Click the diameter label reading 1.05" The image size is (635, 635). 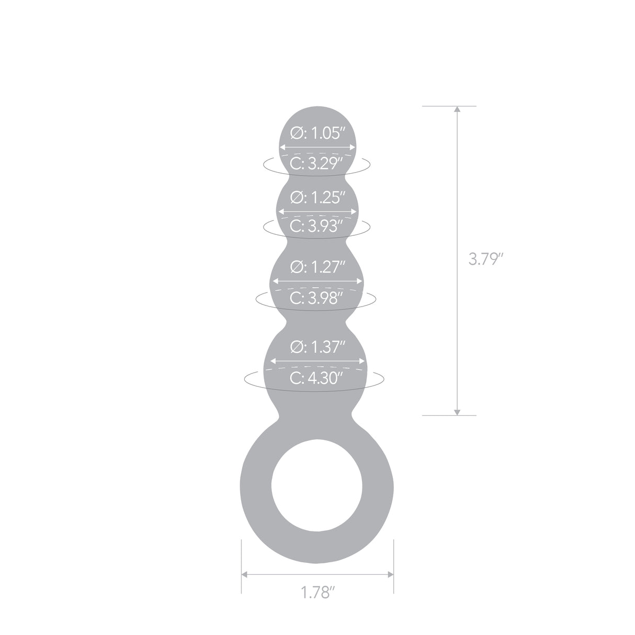coord(318,133)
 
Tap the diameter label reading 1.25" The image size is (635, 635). coord(318,197)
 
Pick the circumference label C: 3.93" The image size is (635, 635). coord(318,226)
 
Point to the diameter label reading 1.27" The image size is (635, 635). coord(318,267)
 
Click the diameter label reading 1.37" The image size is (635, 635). coord(318,347)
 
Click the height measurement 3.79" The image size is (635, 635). coord(486,259)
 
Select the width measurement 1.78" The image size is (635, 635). coord(318,593)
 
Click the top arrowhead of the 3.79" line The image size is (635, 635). coord(457,110)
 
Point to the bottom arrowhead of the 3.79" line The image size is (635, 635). coord(457,412)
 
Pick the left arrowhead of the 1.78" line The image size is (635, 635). coord(245,574)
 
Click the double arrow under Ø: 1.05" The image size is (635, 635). coord(318,148)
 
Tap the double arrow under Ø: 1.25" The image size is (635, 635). coord(318,211)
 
